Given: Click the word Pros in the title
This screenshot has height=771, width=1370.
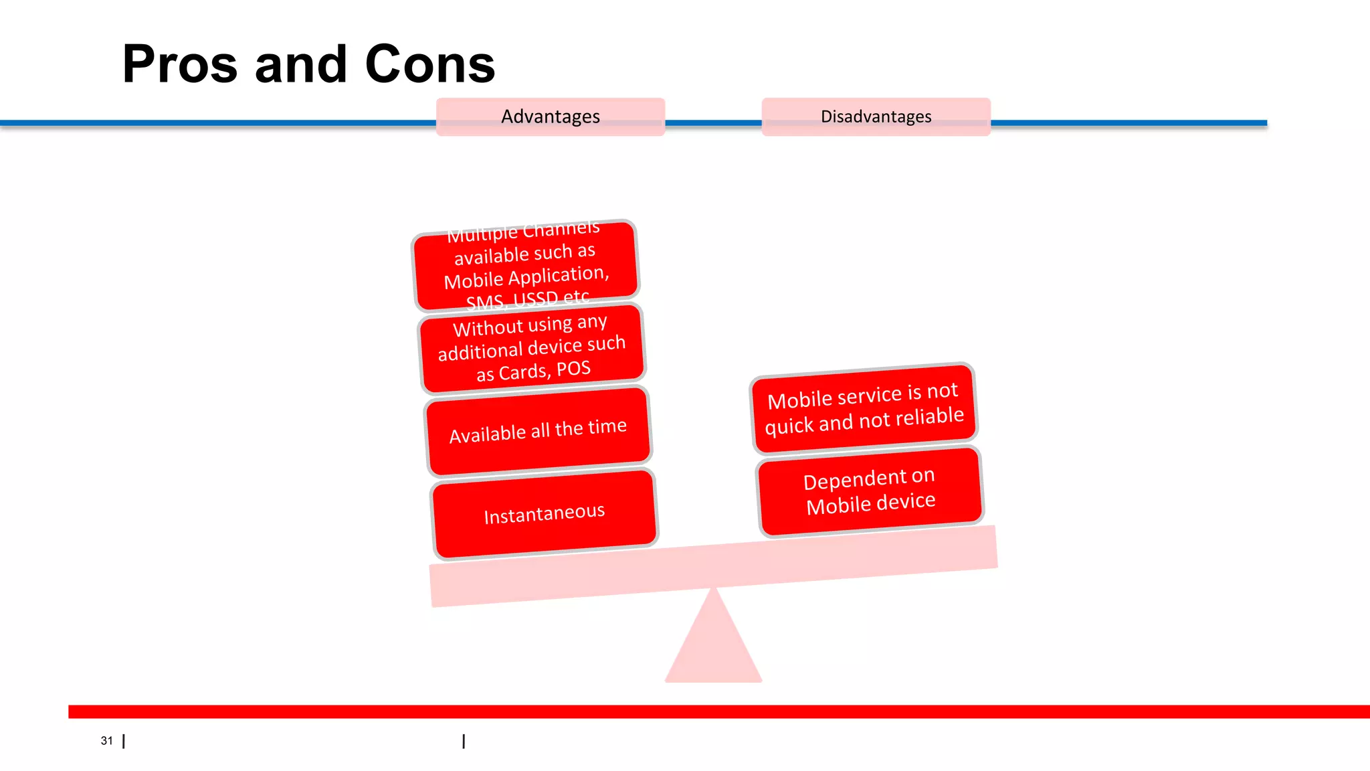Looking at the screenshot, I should [179, 65].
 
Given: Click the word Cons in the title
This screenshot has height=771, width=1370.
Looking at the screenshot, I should [429, 65].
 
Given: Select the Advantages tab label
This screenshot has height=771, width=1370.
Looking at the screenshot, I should [550, 116].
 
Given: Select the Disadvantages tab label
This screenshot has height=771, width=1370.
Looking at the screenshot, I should [876, 116].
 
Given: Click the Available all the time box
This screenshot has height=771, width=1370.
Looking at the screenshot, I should [538, 431].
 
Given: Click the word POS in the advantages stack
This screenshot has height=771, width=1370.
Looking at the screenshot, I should [573, 369].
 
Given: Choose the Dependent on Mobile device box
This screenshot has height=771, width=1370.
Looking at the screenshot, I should [870, 491].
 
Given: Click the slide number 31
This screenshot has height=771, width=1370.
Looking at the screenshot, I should [106, 740].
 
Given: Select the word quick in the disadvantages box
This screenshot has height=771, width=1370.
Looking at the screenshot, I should [789, 425].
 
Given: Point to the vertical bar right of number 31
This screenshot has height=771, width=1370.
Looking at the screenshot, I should [124, 741].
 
